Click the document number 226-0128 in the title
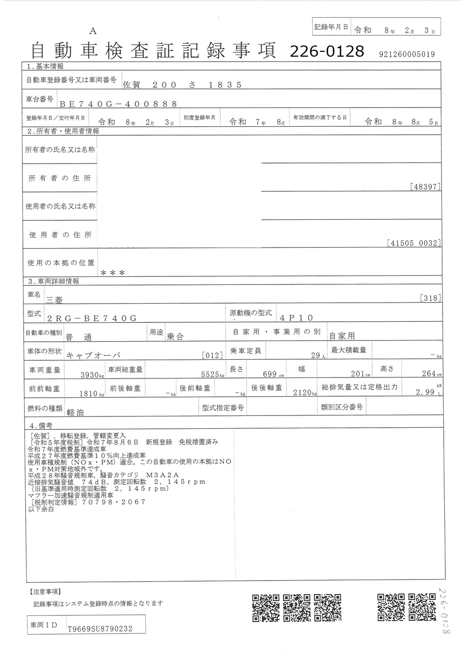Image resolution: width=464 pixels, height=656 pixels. click(327, 51)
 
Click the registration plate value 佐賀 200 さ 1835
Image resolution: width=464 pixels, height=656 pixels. click(182, 84)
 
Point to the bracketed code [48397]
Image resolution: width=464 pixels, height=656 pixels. click(425, 187)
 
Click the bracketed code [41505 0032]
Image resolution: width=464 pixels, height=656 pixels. click(413, 243)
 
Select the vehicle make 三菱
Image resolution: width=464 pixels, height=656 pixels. click(58, 299)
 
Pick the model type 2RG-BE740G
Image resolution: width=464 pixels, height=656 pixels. click(92, 318)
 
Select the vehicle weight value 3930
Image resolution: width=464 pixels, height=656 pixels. click(91, 374)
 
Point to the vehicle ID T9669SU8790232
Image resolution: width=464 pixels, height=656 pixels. click(99, 629)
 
